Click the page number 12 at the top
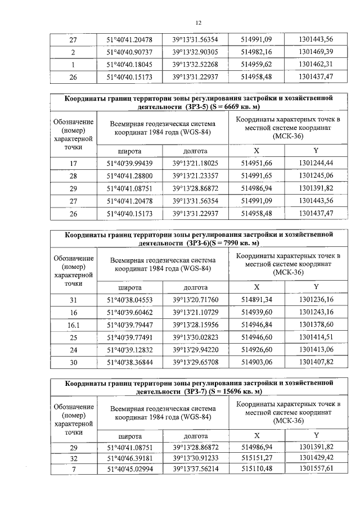pos(198,23)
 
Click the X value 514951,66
pos(256,163)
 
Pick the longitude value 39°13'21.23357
pos(195,176)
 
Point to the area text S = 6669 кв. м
pos(232,106)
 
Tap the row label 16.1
pos(73,325)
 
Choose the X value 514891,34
pos(256,300)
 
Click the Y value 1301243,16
pos(316,312)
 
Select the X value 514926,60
pos(256,349)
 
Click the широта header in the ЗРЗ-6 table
pos(129,287)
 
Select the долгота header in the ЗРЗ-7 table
pos(195,436)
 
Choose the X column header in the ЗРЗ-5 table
pos(256,151)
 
